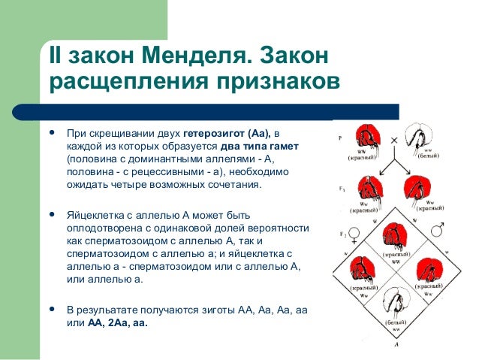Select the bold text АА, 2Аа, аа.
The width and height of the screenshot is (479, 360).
118,323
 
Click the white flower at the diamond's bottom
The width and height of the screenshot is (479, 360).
396,308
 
